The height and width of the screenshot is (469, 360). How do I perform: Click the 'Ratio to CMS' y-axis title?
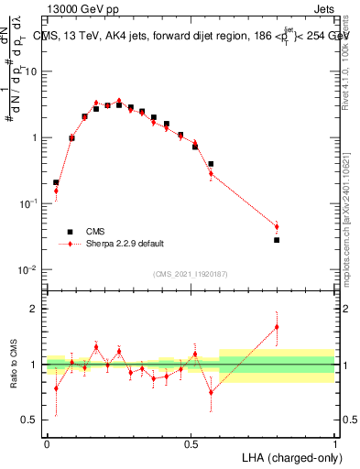14,365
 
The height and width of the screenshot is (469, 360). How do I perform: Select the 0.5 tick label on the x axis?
191,442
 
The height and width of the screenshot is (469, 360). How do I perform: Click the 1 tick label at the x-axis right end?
335,442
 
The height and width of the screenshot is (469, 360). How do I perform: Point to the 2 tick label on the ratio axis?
34,309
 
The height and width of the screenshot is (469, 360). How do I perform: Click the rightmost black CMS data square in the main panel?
277,240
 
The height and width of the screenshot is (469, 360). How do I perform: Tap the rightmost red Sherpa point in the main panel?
277,226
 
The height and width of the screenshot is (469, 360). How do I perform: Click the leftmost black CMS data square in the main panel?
56,182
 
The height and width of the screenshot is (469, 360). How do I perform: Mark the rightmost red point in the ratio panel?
277,326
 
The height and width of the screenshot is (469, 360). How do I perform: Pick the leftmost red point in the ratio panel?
56,388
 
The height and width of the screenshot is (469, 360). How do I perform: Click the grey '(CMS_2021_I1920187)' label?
189,274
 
